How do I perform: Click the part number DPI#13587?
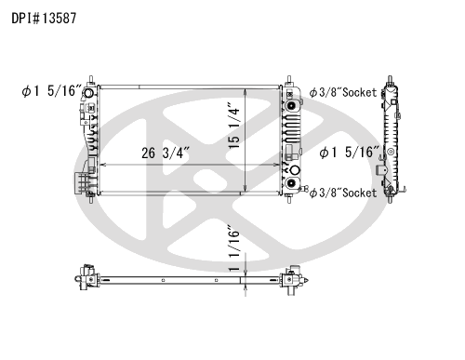pyautogui.click(x=44, y=18)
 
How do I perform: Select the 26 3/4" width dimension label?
pyautogui.click(x=165, y=153)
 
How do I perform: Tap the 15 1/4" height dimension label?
pyautogui.click(x=234, y=126)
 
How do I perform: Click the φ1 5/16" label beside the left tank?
pyautogui.click(x=51, y=90)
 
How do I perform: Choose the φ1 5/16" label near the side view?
pyautogui.click(x=349, y=153)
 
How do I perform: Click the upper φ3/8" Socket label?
pyautogui.click(x=343, y=92)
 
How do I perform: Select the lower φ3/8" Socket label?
pyautogui.click(x=343, y=193)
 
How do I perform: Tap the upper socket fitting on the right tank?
pyautogui.click(x=291, y=106)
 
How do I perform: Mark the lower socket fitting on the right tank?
pyautogui.click(x=291, y=183)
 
